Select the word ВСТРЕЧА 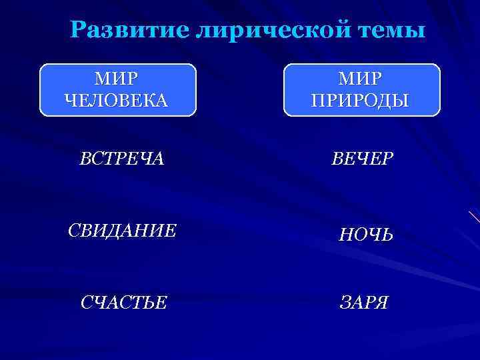click(x=122, y=160)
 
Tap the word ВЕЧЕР click(x=363, y=160)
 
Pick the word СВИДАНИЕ click(x=123, y=231)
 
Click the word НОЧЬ click(x=366, y=234)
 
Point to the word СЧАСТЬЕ click(x=123, y=303)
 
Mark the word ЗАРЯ click(x=364, y=303)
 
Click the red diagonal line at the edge click(x=474, y=217)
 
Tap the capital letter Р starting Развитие click(x=78, y=31)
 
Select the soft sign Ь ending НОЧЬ click(x=386, y=234)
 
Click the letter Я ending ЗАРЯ click(x=381, y=303)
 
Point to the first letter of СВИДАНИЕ click(x=74, y=231)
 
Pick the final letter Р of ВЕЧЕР click(x=387, y=160)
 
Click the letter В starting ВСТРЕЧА click(x=85, y=160)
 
